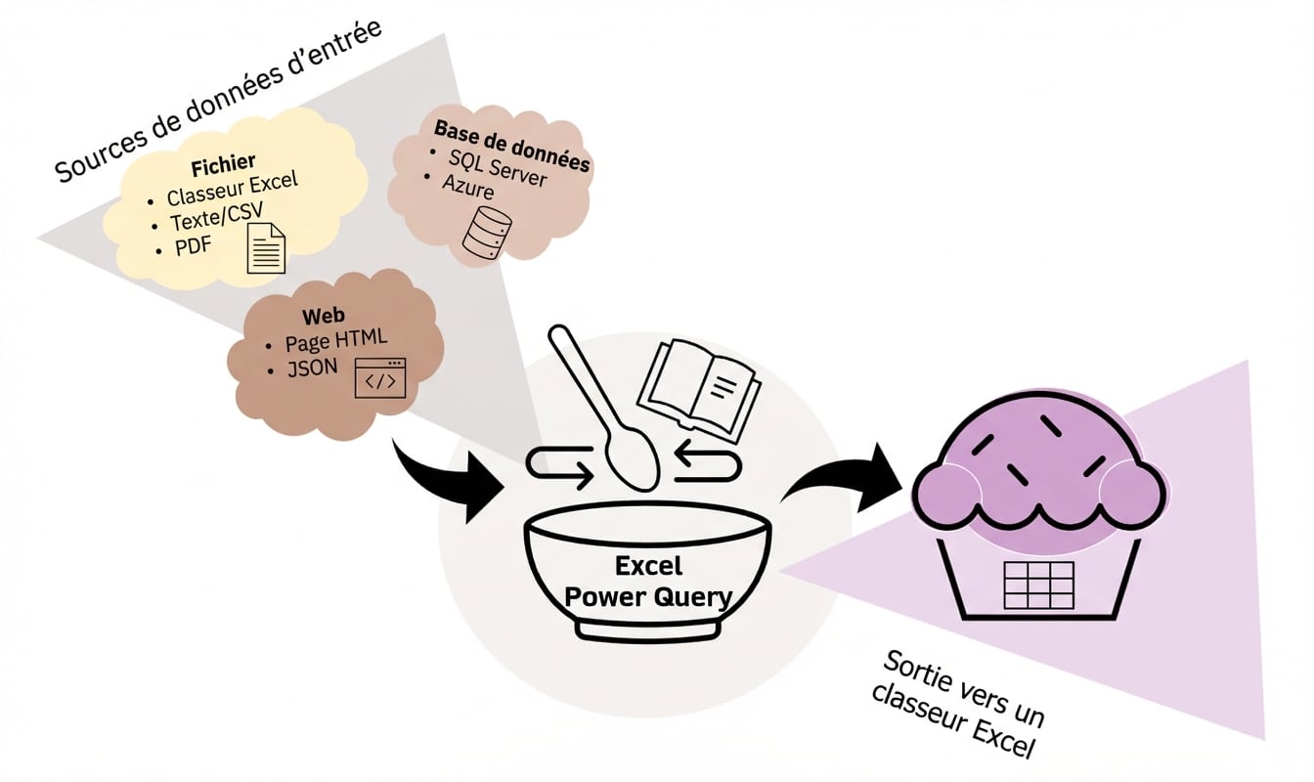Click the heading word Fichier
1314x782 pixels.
click(x=223, y=161)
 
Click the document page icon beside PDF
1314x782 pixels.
click(x=265, y=247)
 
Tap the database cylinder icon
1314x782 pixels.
click(x=486, y=234)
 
